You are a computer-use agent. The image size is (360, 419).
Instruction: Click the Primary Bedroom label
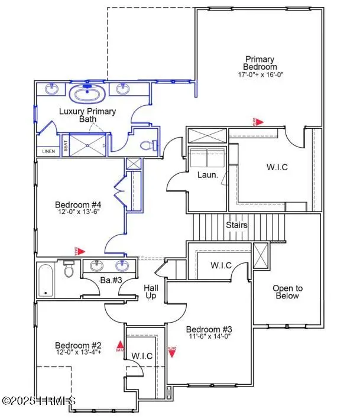[x=260, y=63]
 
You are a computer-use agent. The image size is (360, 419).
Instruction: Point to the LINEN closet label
[x=48, y=151]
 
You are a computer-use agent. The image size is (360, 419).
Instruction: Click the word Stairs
[x=236, y=225]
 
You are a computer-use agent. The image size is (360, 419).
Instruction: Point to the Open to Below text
[x=287, y=292]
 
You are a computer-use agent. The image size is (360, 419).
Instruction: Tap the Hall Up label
[x=151, y=291]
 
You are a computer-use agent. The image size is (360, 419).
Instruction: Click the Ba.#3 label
[x=111, y=280]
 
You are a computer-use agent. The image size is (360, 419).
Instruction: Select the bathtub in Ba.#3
[x=46, y=280]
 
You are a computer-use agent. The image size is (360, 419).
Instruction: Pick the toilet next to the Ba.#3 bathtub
[x=69, y=270]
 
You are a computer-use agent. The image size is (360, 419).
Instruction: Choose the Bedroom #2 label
[x=79, y=345]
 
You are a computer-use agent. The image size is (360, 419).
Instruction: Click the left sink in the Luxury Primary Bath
[x=51, y=89]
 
